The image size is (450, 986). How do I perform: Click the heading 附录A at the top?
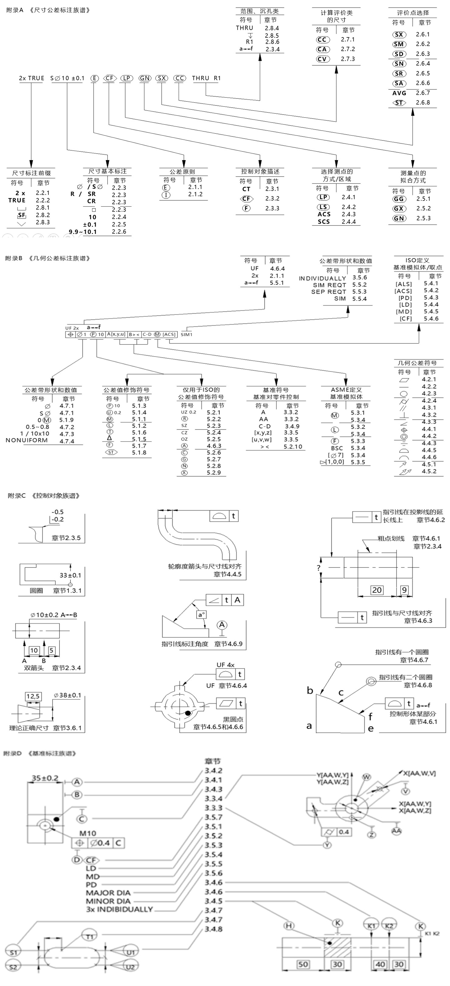[x=15, y=10]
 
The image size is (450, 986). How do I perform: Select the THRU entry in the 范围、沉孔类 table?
[x=245, y=28]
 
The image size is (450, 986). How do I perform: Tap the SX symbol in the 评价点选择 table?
[x=399, y=34]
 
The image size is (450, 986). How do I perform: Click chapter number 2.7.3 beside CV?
[x=348, y=59]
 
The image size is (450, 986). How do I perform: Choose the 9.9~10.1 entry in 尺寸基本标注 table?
[x=83, y=232]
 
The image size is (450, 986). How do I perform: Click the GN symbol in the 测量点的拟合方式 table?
[x=399, y=218]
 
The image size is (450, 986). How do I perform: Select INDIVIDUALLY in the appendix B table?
[x=322, y=278]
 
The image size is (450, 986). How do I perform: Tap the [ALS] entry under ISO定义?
[x=404, y=284]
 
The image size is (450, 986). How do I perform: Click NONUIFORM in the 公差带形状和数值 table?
[x=27, y=440]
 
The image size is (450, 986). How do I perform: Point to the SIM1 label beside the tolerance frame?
[x=187, y=335]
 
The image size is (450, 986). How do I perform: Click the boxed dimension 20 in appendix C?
[x=376, y=590]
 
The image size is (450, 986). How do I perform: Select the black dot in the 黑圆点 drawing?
[x=188, y=713]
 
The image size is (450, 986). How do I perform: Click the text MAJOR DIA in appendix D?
[x=108, y=893]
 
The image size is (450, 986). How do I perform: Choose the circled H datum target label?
[x=289, y=926]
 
